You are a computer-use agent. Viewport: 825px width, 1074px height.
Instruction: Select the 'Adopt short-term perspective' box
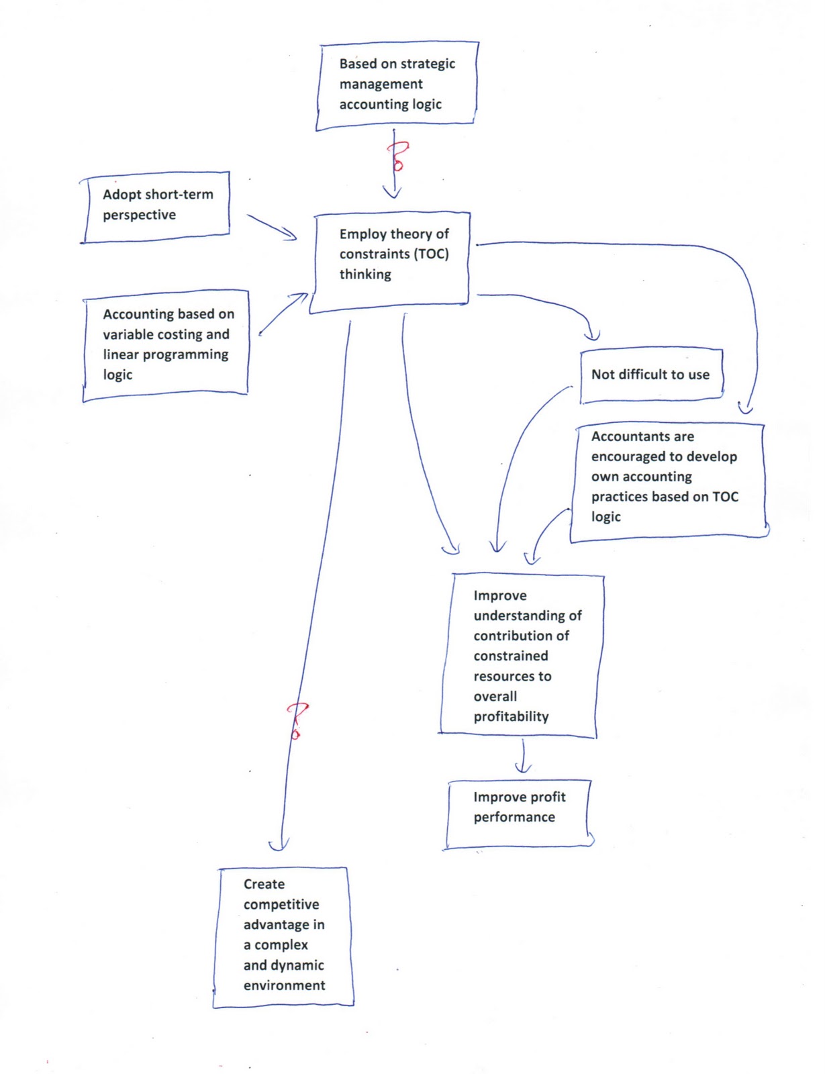click(x=156, y=207)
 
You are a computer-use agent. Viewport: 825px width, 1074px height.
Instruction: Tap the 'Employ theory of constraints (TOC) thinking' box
click(x=390, y=262)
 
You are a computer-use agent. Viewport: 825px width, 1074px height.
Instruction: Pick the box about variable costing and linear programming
click(x=166, y=345)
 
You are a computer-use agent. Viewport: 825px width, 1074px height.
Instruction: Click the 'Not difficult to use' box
click(x=652, y=375)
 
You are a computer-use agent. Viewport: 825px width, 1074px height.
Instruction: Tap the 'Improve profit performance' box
click(x=518, y=814)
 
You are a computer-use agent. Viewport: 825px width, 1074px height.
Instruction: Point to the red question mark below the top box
click(x=399, y=156)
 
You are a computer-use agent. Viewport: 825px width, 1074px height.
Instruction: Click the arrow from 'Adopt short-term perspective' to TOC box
click(x=271, y=228)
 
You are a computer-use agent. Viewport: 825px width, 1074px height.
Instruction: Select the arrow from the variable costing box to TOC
click(x=283, y=314)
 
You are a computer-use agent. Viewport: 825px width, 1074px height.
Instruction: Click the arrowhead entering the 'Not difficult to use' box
click(x=592, y=336)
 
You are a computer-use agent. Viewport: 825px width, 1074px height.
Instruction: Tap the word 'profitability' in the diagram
click(x=511, y=717)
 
